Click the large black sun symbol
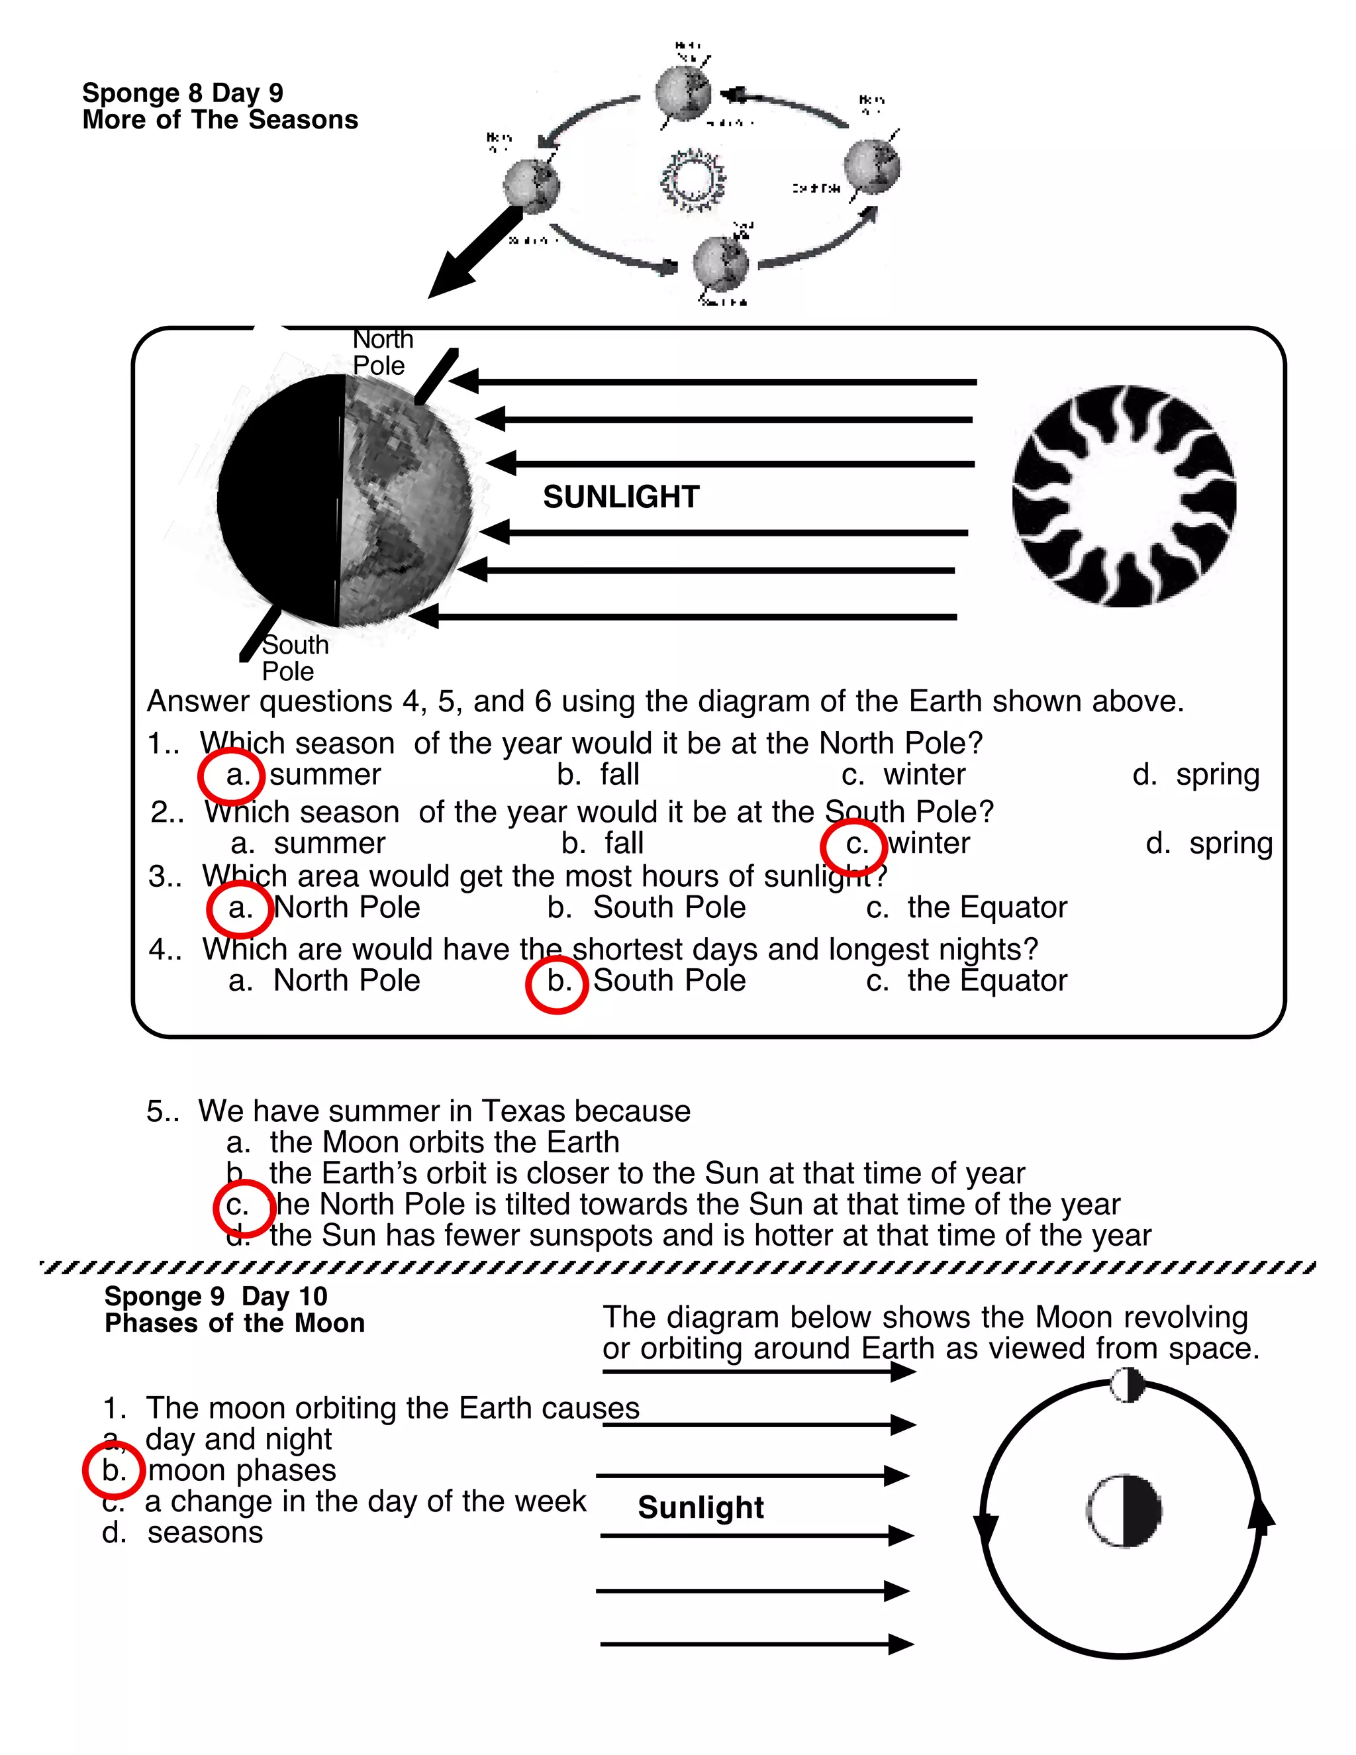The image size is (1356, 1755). pos(1123,496)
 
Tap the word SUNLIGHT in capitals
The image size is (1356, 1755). pos(621,497)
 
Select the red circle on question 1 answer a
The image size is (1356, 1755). pos(231,776)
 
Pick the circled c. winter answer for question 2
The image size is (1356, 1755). pos(853,845)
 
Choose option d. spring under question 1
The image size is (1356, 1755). pos(1195,775)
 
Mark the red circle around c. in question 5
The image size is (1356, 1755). pos(244,1207)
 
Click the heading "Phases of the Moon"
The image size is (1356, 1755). pos(234,1323)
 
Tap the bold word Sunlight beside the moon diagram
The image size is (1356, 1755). pos(701,1507)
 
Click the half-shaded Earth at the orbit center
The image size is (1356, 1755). pos(1124,1511)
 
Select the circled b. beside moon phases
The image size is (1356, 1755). pos(114,1470)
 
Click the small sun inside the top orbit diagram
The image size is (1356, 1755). pos(692,178)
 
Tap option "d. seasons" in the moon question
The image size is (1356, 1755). pos(183,1532)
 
